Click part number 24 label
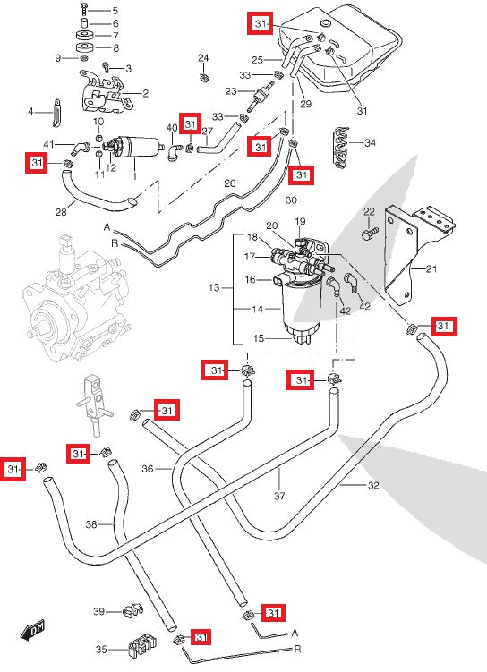coord(203,58)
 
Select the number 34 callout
coord(370,142)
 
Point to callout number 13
coord(214,287)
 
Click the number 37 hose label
coord(279,496)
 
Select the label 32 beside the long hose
coord(373,485)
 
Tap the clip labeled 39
coord(132,610)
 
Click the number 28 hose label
coord(61,212)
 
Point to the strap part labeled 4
coord(56,113)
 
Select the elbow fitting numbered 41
coord(80,148)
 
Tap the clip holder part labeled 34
coord(342,148)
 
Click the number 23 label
coord(231,91)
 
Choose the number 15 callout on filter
coord(258,338)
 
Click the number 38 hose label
coord(91,524)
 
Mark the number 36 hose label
coord(148,469)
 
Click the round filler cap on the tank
coord(326,22)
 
